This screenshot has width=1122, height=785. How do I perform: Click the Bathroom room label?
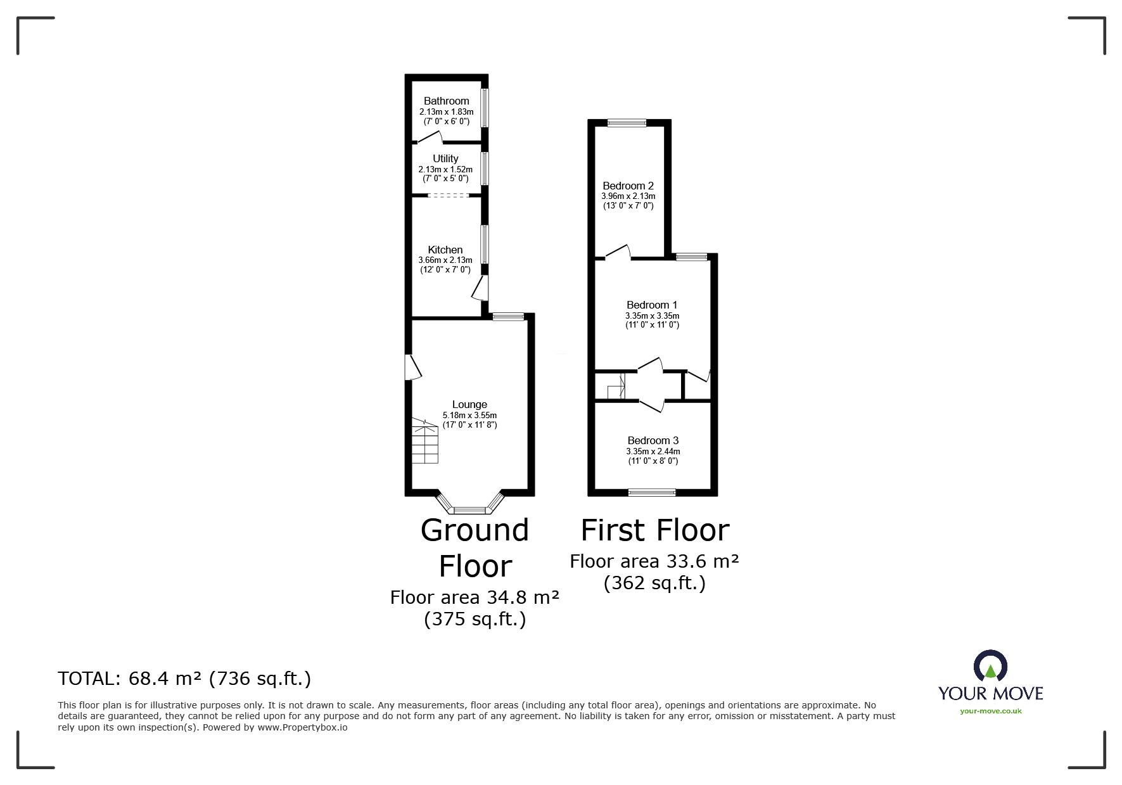pos(446,101)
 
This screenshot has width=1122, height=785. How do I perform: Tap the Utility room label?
pos(445,158)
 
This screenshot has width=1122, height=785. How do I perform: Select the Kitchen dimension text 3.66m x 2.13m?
pos(445,260)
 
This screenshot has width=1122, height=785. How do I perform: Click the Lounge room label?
pos(469,404)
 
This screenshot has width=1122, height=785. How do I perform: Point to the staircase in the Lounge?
pos(425,441)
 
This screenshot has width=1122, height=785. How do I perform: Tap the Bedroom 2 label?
pos(628,186)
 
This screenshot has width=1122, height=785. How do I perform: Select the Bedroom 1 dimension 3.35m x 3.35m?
pos(652,316)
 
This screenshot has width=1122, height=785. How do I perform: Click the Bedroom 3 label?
pos(653,440)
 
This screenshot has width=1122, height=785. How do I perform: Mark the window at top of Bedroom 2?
pos(627,124)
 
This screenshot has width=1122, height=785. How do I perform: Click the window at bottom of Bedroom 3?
pos(652,492)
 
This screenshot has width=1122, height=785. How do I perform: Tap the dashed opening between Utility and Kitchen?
pos(448,195)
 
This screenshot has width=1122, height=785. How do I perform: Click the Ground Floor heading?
pos(475,547)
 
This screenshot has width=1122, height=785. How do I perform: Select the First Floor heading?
pos(655,530)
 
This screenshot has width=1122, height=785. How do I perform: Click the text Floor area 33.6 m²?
pos(654,561)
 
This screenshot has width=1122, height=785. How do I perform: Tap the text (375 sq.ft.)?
pos(475,618)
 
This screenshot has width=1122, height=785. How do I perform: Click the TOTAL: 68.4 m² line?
pos(184,679)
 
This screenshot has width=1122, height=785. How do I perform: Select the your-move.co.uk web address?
pos(990,711)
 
